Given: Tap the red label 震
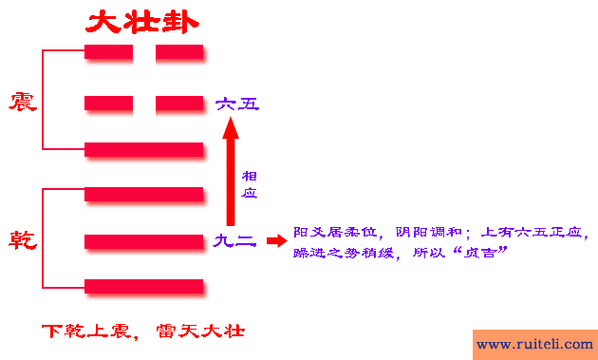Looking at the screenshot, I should click(x=23, y=102).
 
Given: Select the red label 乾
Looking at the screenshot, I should click(x=23, y=239).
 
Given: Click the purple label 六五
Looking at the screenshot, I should click(x=236, y=103).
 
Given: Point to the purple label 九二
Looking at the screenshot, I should click(x=234, y=241).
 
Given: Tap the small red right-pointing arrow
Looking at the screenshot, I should click(x=275, y=241).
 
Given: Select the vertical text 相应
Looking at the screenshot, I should click(x=250, y=184).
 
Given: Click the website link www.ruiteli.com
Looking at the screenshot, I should click(x=534, y=344).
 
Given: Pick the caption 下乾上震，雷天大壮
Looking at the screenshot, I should click(x=143, y=332).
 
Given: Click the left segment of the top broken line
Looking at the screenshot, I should click(x=108, y=52).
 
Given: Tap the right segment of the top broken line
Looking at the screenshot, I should click(x=180, y=52).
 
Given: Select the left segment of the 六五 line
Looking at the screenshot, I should click(x=108, y=103).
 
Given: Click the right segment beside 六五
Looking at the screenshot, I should click(x=180, y=103).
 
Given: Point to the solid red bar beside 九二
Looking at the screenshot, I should click(x=144, y=241).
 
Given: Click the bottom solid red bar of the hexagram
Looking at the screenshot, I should click(x=144, y=286).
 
